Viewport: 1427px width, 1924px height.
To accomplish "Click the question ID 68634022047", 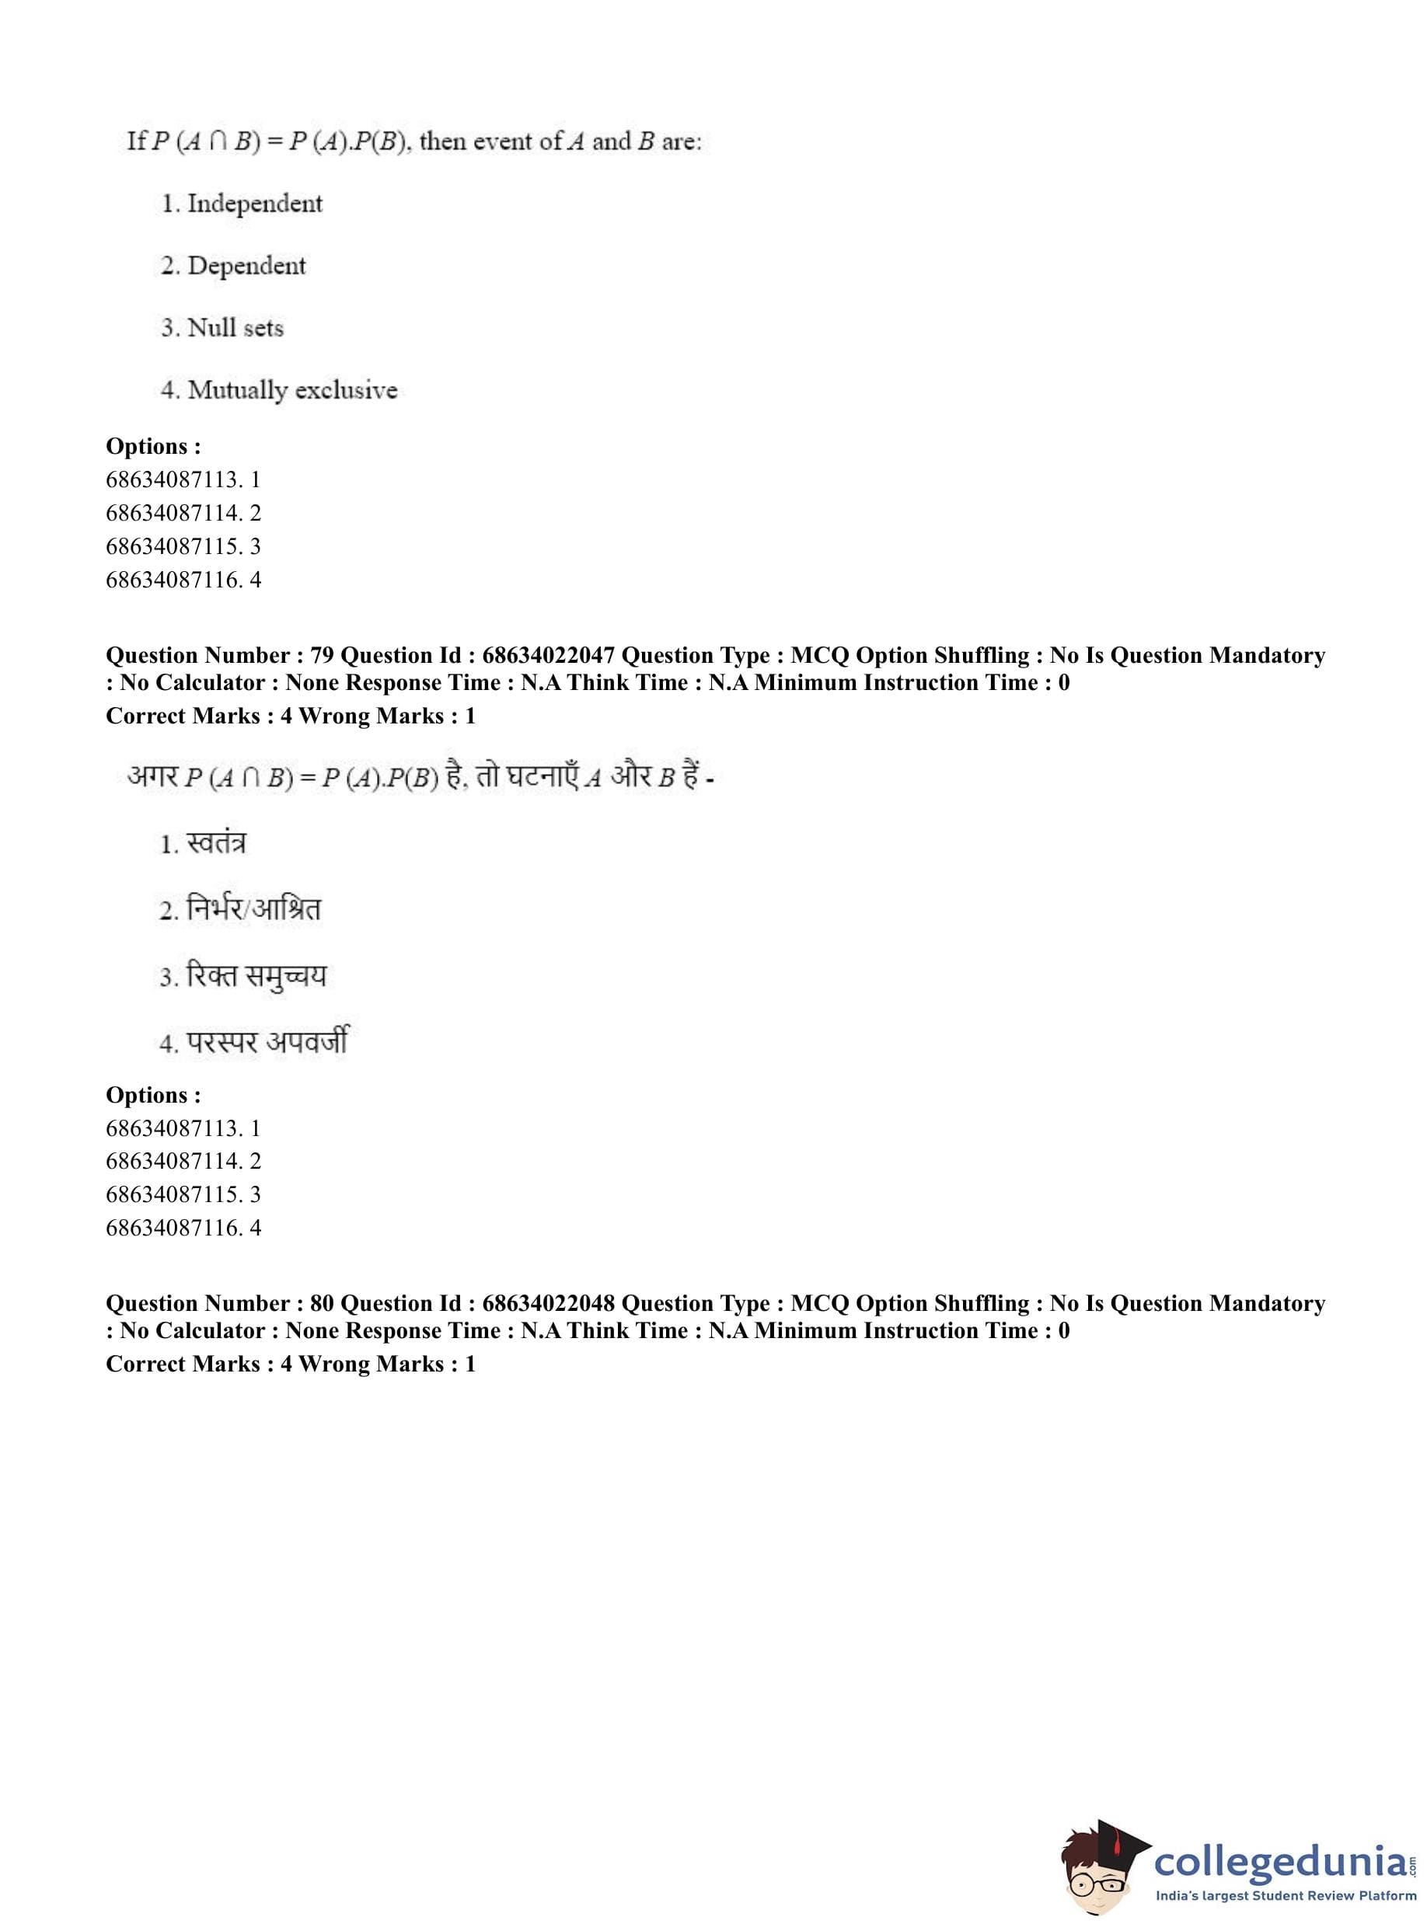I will tap(549, 655).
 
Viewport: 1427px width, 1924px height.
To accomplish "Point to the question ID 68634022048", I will tap(549, 1303).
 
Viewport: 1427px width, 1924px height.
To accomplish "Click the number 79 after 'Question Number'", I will tap(321, 655).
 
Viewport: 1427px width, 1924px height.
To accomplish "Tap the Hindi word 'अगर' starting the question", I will tap(152, 777).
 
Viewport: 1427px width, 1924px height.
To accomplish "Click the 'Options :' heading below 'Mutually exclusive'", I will tap(153, 447).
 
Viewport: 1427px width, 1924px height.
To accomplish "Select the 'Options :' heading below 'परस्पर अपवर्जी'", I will tap(153, 1095).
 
